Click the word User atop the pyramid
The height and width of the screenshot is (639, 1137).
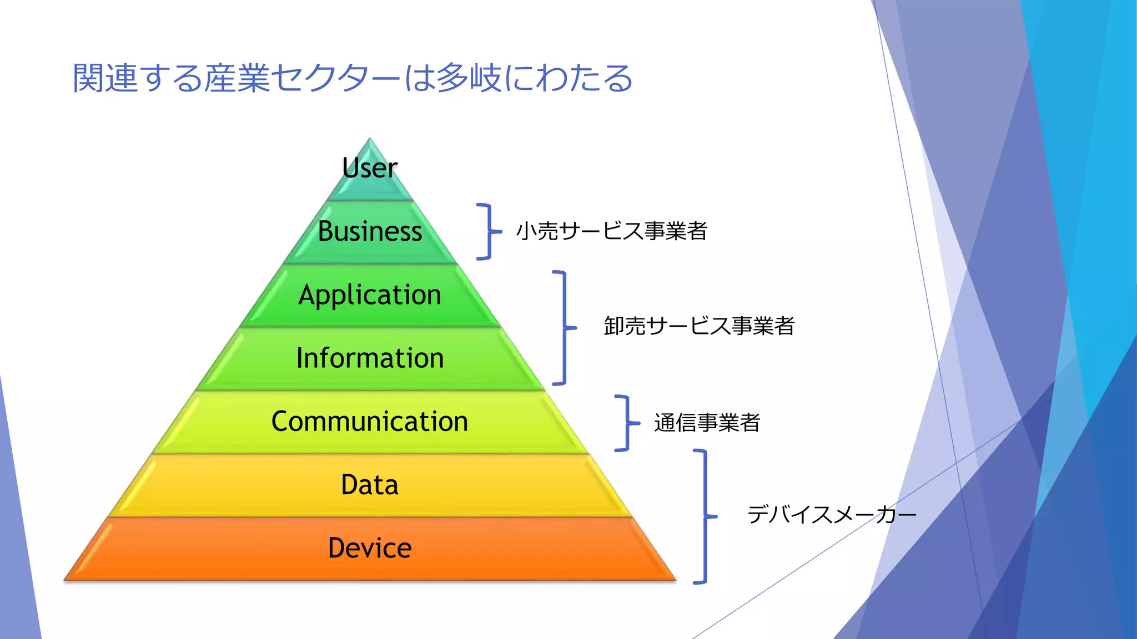coord(370,168)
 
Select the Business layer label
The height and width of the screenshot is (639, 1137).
coord(370,231)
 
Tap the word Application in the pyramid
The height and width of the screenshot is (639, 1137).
coord(370,295)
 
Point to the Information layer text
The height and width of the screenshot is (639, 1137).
coord(370,358)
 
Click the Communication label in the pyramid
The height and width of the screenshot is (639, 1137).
coord(370,421)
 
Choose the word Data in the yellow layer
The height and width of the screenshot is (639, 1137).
coord(370,485)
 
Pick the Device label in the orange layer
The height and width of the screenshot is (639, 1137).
coord(370,548)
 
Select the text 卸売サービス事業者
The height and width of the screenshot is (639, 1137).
coord(699,326)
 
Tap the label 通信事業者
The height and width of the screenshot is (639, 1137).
coord(707,423)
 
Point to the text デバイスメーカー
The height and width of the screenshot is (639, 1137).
coord(831,515)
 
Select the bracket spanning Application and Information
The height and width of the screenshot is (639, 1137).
coord(564,327)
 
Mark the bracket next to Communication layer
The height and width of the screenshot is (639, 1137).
coord(627,423)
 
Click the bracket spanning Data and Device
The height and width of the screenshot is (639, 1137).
coord(705,516)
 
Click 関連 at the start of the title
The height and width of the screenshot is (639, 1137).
coord(105,78)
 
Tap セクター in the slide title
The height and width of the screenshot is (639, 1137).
coord(336,78)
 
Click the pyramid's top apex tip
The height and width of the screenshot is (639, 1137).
coord(370,140)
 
